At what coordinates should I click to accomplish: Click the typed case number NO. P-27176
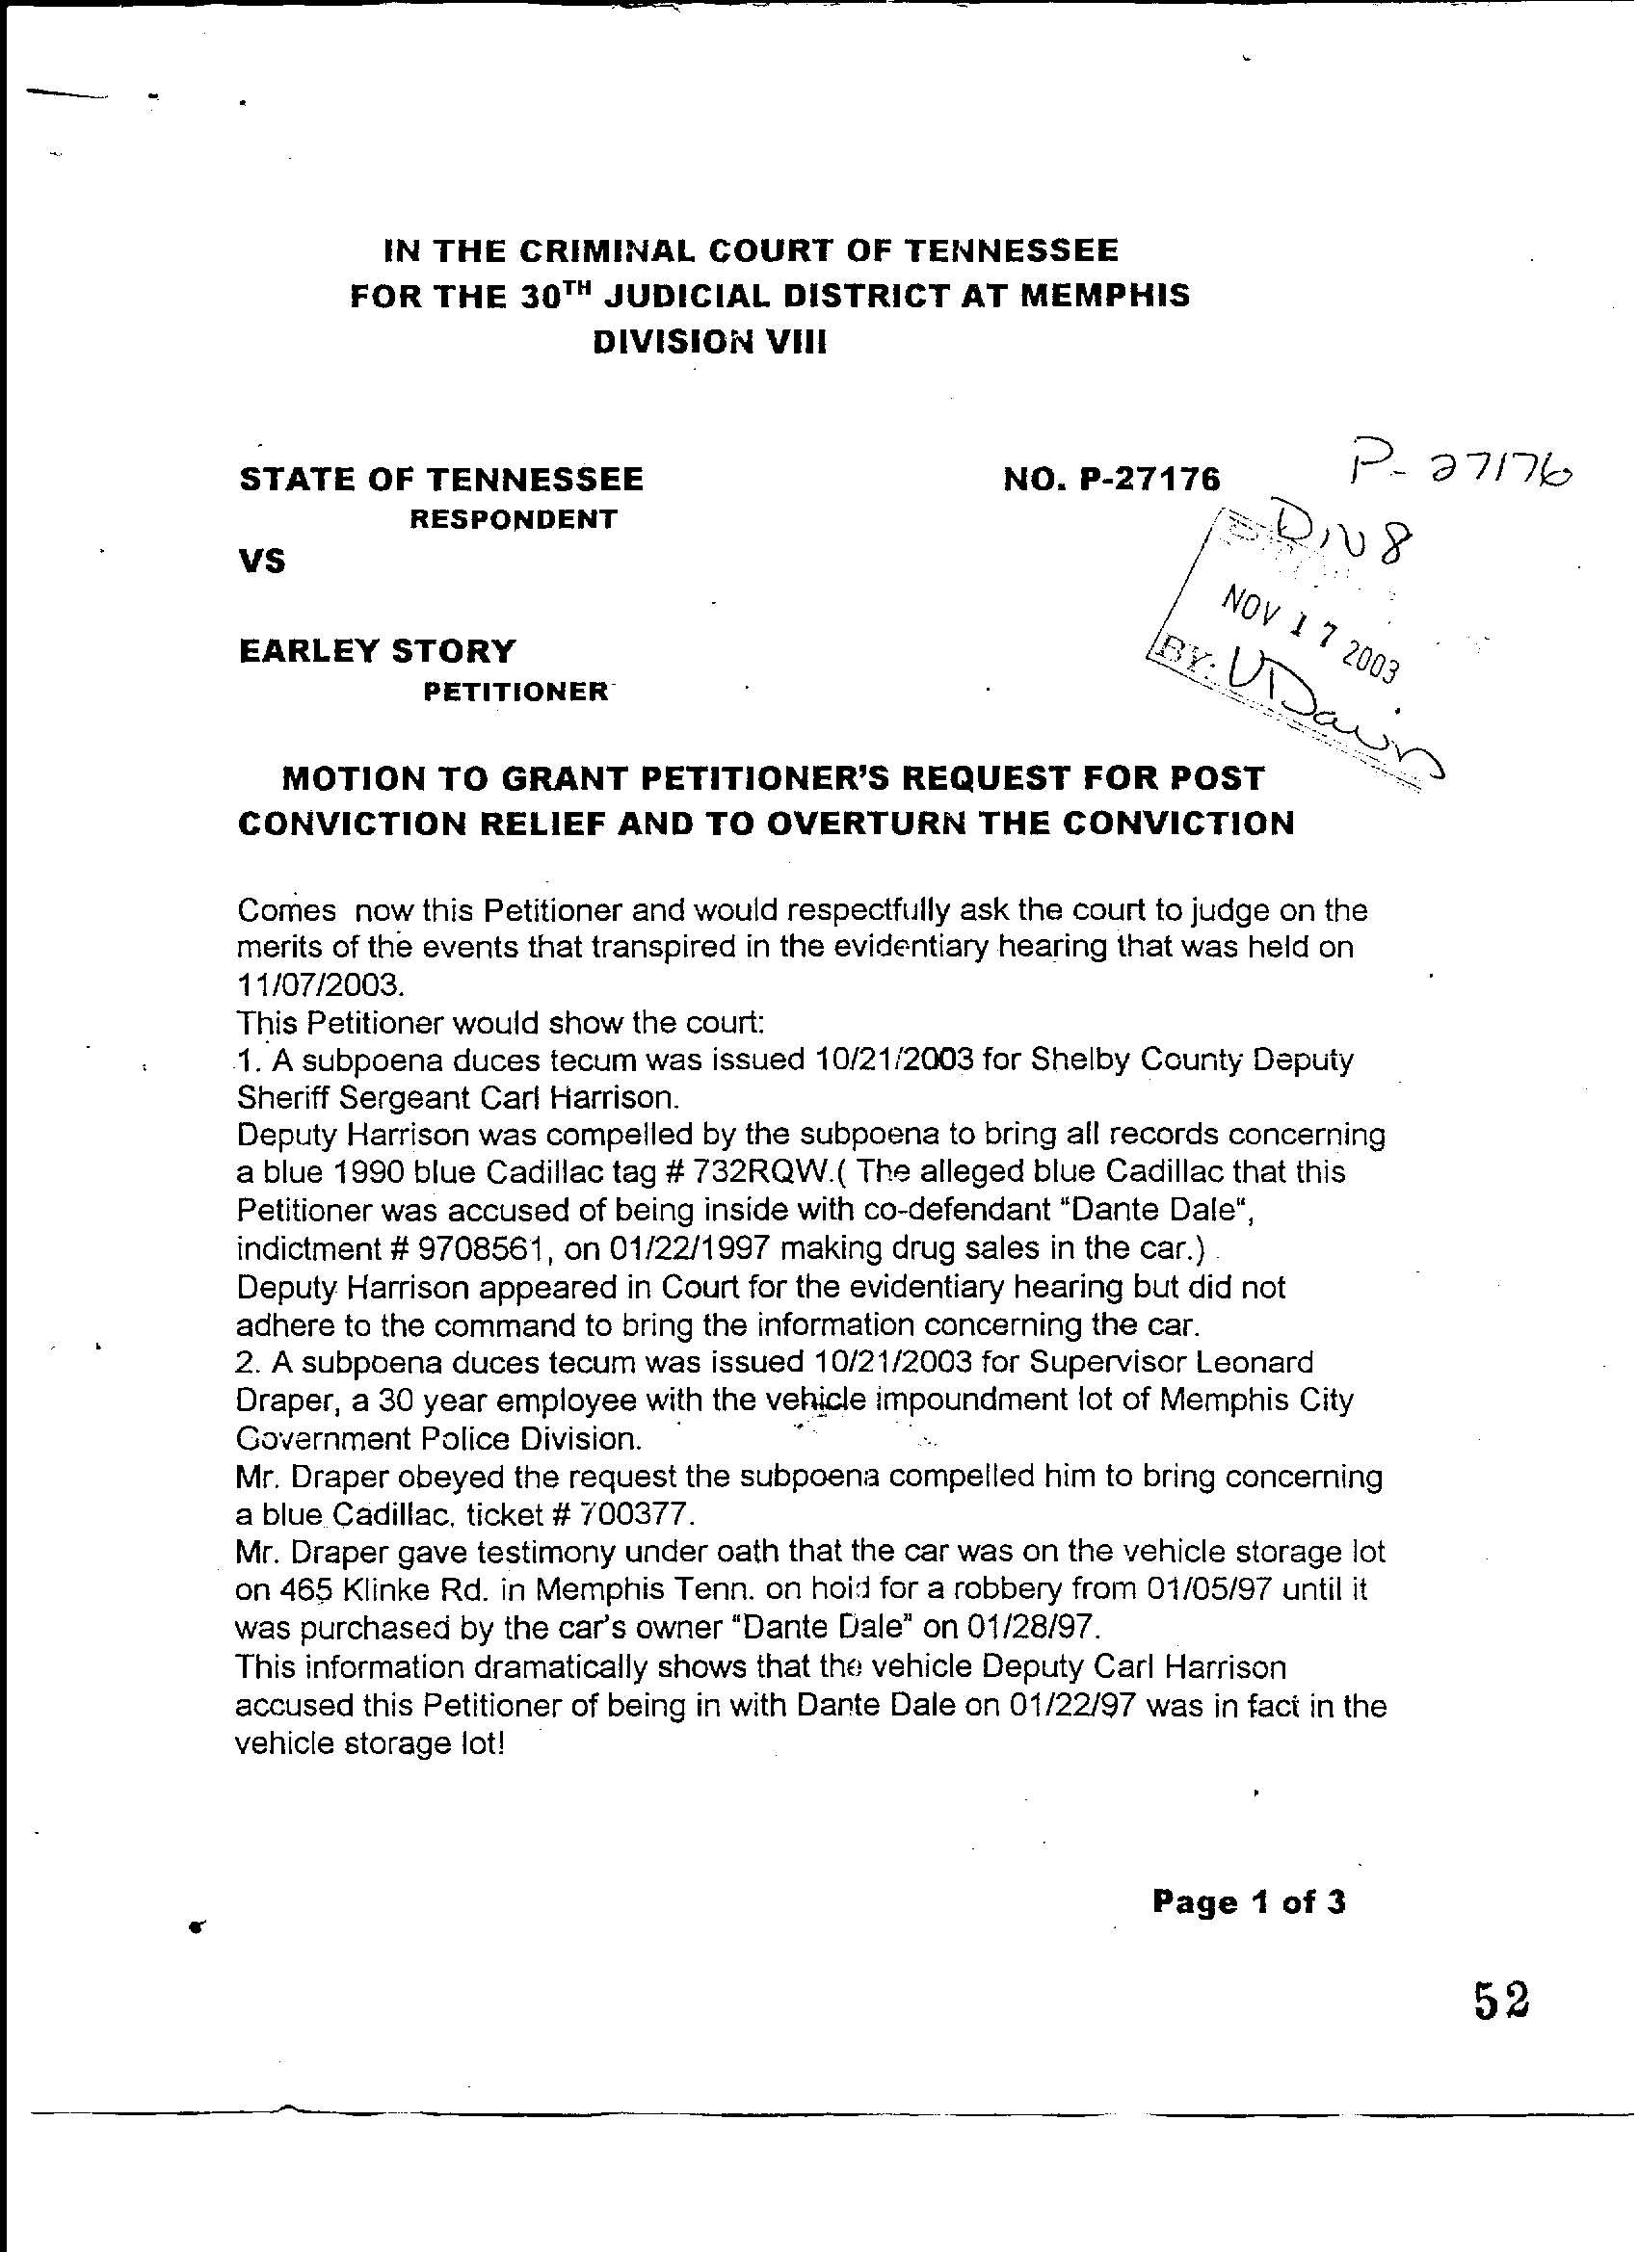[x=1112, y=481]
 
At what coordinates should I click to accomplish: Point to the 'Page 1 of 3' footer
[x=1249, y=1902]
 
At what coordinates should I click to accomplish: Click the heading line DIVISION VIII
[x=709, y=343]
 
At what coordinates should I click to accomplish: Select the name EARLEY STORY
[x=378, y=651]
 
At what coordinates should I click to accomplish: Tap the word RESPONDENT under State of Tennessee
[x=514, y=519]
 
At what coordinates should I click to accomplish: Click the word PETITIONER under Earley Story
[x=515, y=693]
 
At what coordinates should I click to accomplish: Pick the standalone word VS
[x=261, y=562]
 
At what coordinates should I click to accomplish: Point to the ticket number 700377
[x=630, y=1515]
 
